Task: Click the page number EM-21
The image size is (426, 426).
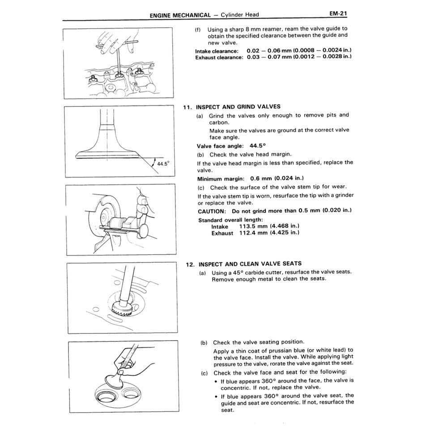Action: [338, 14]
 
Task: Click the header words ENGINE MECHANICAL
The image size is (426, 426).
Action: [180, 15]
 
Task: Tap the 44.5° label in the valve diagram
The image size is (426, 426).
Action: [163, 164]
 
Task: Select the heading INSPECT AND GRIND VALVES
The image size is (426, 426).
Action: [238, 107]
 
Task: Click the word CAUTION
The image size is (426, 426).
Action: [211, 211]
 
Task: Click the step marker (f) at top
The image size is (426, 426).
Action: [198, 29]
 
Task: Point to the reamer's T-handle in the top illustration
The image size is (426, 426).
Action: [117, 44]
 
